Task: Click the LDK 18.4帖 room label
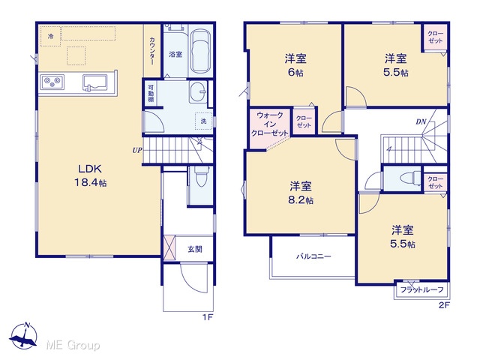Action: [x=91, y=175]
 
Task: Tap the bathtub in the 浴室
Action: [x=200, y=51]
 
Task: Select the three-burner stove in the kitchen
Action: [x=52, y=82]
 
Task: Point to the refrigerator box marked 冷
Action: [x=51, y=37]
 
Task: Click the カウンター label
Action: [x=152, y=51]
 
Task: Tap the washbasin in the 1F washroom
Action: [x=198, y=91]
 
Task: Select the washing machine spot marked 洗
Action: [x=203, y=121]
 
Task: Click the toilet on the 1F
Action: [x=201, y=177]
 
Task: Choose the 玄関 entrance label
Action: [x=195, y=249]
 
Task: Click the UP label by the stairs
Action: [x=137, y=151]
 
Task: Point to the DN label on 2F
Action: [x=421, y=121]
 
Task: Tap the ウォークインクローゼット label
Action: [x=270, y=124]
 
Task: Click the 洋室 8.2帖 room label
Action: [x=301, y=193]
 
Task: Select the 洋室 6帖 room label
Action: [x=295, y=65]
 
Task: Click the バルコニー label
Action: [x=313, y=256]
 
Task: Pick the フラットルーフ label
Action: [x=421, y=289]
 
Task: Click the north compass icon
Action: [x=23, y=336]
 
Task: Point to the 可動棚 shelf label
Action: [x=151, y=93]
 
